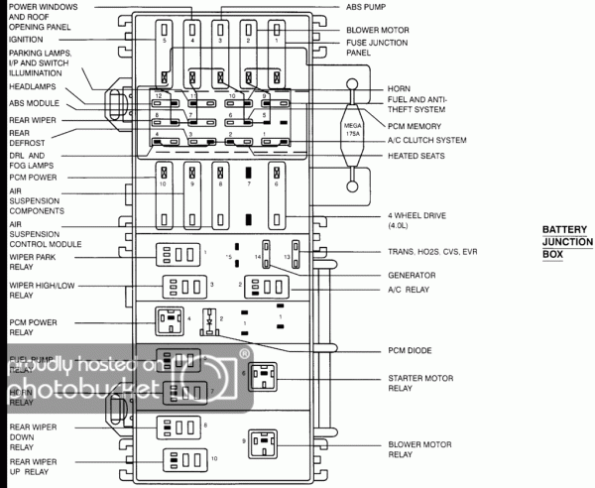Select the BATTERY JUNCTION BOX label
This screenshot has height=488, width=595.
point(566,241)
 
